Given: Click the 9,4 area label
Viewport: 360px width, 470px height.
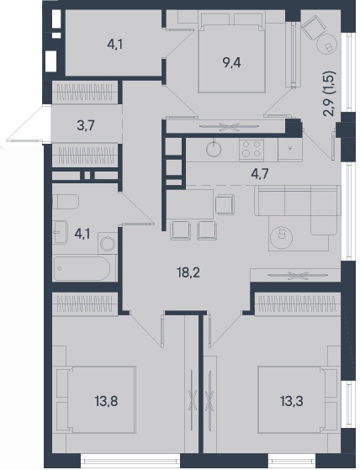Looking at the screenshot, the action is pos(231,63).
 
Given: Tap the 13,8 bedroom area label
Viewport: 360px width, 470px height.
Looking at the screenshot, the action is pos(107,401).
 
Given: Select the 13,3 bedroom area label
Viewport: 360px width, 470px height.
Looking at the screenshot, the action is pos(292,401).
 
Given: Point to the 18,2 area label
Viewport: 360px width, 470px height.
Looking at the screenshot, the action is pos(188,272).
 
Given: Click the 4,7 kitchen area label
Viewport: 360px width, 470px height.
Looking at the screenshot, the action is pos(260,174).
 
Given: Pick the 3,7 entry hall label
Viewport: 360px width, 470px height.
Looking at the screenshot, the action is pos(86,125).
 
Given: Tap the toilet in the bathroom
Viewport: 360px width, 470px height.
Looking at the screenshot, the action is pos(66,202).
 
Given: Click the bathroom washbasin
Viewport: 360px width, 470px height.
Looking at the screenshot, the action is pos(60,232).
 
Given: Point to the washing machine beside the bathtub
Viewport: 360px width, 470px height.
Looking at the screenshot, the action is pos(108,243).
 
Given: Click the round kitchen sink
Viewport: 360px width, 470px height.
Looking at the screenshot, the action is pos(214,148).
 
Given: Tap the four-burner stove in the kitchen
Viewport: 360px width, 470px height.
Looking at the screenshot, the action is pos(251,149).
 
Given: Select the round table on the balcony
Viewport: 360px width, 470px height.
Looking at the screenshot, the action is pos(326,44).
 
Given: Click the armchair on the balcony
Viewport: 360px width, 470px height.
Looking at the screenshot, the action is pos(313,26).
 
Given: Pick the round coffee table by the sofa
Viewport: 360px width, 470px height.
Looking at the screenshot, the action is pos(282,236).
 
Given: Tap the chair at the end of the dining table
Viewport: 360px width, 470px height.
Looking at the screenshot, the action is pos(225,204).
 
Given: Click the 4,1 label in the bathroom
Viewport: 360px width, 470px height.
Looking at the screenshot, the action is pos(82,234).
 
